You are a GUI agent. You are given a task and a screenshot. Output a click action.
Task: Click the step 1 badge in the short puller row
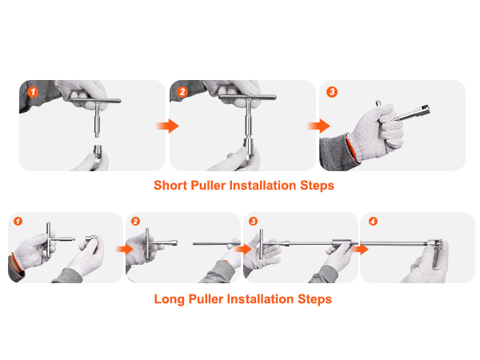(x=32, y=92)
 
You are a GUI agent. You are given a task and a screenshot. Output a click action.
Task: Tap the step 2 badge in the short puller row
(x=182, y=92)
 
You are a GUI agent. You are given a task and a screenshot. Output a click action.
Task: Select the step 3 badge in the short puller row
(x=332, y=92)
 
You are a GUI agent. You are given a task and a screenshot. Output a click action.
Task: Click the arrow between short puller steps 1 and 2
(x=166, y=126)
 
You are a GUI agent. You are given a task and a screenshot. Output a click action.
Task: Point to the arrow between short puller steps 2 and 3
(x=319, y=126)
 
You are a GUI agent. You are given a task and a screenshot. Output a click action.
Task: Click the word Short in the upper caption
(x=172, y=186)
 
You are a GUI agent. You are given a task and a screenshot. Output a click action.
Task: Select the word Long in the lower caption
(x=170, y=299)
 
